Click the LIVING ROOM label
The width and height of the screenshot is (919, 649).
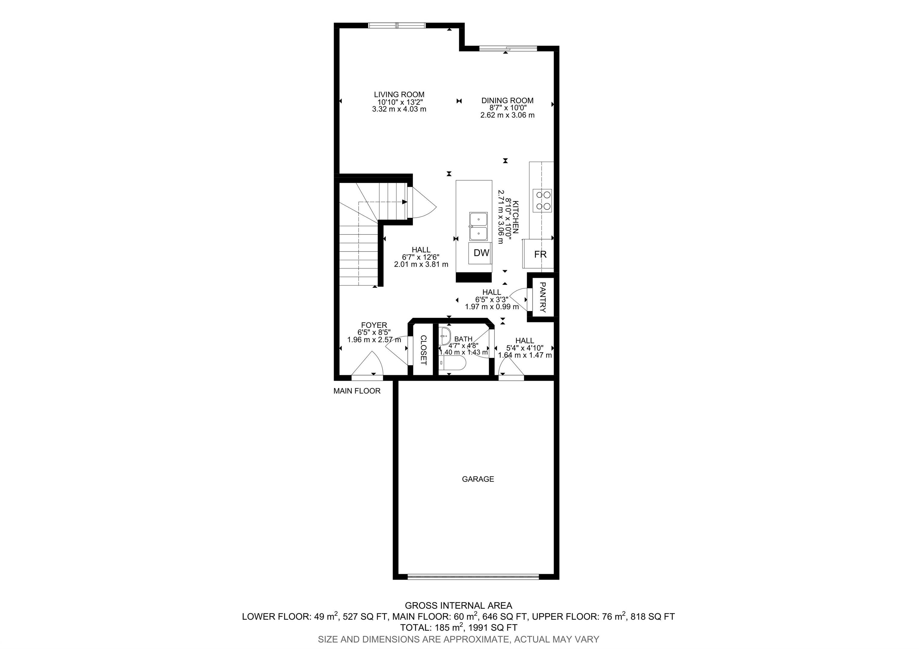(x=399, y=95)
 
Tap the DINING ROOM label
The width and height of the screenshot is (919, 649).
(x=507, y=100)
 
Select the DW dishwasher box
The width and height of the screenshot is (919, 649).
(x=481, y=253)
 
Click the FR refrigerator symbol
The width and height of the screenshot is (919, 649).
(x=540, y=255)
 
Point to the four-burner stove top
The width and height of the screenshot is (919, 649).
(x=542, y=200)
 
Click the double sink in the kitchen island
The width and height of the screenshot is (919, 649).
(x=478, y=226)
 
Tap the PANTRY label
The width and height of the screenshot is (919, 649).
(x=543, y=297)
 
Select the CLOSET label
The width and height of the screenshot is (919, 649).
(x=423, y=350)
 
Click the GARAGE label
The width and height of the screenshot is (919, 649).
(x=478, y=479)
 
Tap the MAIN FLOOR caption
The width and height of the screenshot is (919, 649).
(x=357, y=391)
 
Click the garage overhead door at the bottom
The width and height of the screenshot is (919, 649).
(x=473, y=577)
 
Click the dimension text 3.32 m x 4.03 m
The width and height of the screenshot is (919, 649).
(x=399, y=109)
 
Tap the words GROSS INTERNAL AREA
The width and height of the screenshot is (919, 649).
(x=458, y=605)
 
